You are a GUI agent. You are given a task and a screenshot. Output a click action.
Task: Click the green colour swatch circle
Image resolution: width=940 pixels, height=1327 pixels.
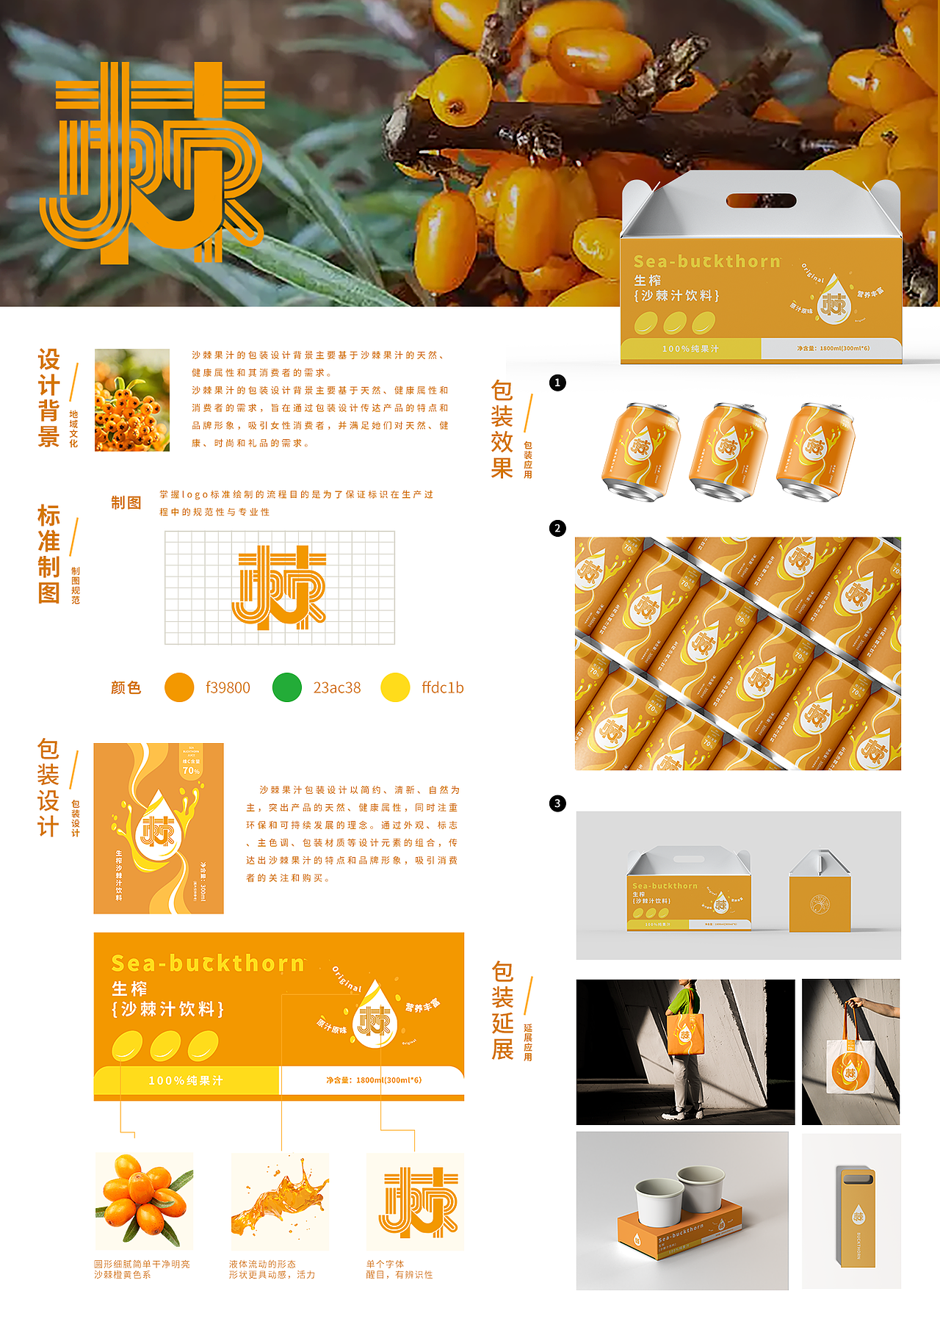(x=286, y=687)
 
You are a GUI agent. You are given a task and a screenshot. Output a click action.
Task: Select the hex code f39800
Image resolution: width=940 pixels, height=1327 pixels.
(x=228, y=688)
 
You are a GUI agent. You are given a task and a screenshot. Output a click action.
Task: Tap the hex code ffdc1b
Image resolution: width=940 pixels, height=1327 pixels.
(x=442, y=688)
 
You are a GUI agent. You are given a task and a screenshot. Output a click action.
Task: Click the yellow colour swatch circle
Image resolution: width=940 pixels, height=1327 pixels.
(x=395, y=687)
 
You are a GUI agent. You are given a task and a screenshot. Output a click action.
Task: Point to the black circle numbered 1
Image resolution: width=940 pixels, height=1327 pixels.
(x=557, y=383)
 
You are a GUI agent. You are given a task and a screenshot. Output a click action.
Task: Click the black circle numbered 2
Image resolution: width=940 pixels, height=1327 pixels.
(x=557, y=528)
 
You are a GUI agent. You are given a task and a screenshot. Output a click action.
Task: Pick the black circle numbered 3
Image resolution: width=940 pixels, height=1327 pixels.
(x=557, y=803)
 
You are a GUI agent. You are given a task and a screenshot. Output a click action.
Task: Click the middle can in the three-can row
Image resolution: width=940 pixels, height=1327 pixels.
(x=728, y=451)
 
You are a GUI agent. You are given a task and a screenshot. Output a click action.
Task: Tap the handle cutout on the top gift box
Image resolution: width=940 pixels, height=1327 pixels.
(x=761, y=200)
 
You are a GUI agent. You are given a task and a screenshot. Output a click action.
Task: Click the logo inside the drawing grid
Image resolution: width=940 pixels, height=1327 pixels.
(x=279, y=587)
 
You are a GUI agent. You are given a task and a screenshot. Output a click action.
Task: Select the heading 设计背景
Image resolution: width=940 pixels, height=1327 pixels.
(x=48, y=398)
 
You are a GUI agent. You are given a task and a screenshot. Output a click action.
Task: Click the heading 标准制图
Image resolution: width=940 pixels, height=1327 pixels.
(x=48, y=554)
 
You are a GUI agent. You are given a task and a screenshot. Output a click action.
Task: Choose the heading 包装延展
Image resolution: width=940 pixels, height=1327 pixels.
(x=502, y=1010)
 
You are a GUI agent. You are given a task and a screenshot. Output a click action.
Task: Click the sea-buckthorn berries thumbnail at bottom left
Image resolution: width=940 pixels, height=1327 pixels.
(x=144, y=1201)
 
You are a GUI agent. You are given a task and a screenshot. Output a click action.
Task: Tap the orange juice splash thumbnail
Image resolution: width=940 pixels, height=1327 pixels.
(x=280, y=1201)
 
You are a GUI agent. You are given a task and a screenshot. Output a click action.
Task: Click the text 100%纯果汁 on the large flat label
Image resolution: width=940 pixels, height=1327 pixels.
(x=186, y=1081)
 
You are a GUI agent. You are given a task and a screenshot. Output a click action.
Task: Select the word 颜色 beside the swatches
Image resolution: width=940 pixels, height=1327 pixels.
(x=126, y=688)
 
